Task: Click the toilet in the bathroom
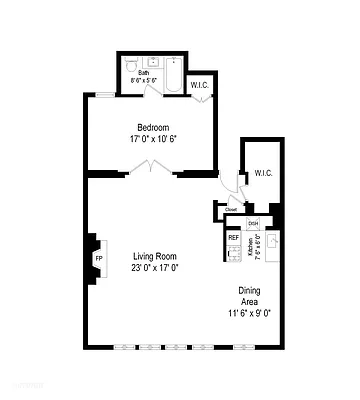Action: (x=133, y=62)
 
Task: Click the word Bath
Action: (x=144, y=73)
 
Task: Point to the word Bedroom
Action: (x=154, y=127)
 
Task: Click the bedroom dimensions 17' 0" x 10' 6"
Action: (x=154, y=140)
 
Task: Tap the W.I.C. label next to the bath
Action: (x=199, y=86)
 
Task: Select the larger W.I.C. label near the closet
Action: (x=263, y=173)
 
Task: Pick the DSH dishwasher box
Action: (x=253, y=223)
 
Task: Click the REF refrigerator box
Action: (x=233, y=238)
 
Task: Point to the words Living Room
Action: (x=154, y=257)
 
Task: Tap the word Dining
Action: (x=250, y=292)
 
